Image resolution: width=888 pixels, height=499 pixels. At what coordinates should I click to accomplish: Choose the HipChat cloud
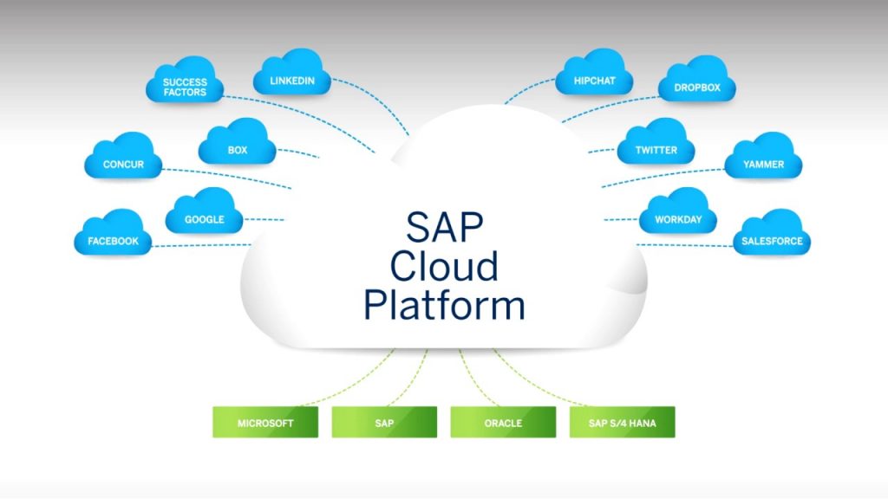[594, 79]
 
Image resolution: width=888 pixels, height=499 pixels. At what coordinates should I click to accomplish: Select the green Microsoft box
[265, 423]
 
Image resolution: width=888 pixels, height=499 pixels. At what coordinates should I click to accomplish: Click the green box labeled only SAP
[384, 423]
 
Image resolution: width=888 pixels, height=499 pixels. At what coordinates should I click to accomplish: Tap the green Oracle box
[503, 423]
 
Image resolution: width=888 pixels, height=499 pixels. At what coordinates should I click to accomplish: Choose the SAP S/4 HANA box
[622, 423]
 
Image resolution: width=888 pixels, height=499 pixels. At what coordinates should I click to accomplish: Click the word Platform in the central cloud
[444, 305]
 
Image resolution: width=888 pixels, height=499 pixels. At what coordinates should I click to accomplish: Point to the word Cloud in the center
[444, 265]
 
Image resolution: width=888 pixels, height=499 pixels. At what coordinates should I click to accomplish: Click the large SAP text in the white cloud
[444, 227]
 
